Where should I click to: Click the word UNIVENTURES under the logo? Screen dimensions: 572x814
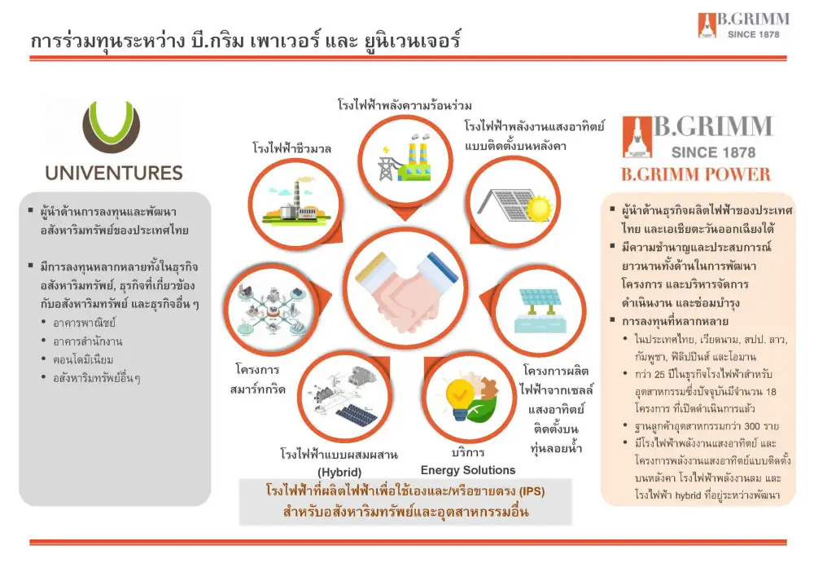tap(114, 173)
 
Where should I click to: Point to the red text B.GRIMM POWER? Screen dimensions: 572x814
tap(695, 174)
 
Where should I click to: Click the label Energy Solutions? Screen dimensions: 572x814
tap(468, 470)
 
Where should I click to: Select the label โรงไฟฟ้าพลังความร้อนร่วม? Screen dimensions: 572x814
tap(405, 105)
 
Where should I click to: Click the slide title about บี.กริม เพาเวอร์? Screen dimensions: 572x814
tap(244, 40)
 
